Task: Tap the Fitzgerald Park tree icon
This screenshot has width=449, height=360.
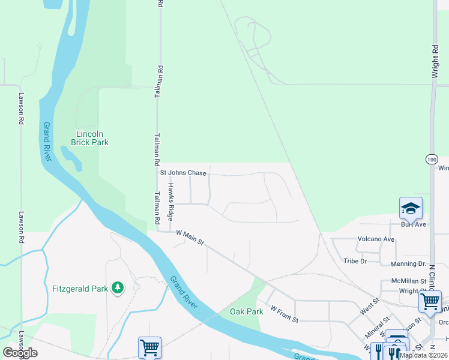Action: click(x=118, y=289)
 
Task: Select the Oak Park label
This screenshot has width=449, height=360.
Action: click(x=247, y=311)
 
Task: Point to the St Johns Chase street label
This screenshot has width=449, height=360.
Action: click(x=183, y=173)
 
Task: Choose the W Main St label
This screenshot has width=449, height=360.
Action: click(x=190, y=239)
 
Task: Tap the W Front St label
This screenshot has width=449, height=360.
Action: click(x=285, y=314)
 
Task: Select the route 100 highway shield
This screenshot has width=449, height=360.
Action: click(x=432, y=159)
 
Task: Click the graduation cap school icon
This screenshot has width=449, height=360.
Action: click(x=411, y=208)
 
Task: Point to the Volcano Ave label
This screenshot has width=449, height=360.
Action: click(x=376, y=239)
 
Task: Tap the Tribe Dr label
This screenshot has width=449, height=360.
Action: click(x=355, y=261)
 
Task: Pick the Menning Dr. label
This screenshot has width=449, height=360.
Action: click(x=409, y=263)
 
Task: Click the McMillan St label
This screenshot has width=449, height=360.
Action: click(x=408, y=280)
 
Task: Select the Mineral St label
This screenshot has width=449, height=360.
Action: click(x=377, y=326)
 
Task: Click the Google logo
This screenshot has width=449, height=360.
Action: click(x=20, y=353)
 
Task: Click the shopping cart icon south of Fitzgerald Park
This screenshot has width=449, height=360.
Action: click(x=149, y=347)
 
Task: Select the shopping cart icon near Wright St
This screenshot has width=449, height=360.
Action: click(x=430, y=301)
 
